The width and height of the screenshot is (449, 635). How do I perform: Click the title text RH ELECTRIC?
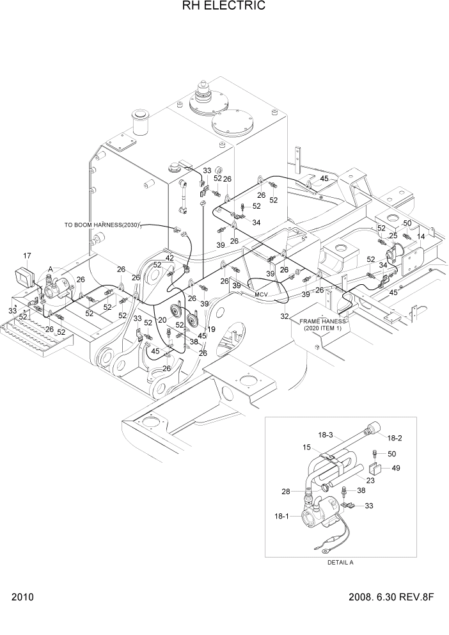click(x=224, y=6)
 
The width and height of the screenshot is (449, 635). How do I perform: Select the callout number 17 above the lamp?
click(x=28, y=256)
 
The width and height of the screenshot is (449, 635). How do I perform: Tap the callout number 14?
click(x=421, y=236)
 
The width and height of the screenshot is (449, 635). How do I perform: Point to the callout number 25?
click(x=393, y=236)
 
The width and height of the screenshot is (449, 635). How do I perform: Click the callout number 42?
click(x=169, y=257)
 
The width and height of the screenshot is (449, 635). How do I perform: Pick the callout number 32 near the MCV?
click(x=284, y=316)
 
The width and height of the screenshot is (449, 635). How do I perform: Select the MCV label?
click(x=261, y=294)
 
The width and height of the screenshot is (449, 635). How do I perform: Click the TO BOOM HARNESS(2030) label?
click(x=102, y=225)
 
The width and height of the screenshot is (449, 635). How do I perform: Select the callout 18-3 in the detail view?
click(x=326, y=435)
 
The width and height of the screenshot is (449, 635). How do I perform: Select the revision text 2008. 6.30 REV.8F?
click(x=391, y=598)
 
